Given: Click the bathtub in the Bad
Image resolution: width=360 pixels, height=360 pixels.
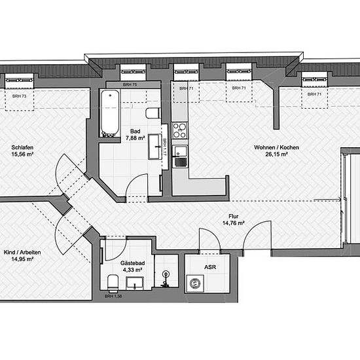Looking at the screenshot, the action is tap(110, 113).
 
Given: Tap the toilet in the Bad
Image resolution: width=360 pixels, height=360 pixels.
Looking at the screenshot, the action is tap(153, 113).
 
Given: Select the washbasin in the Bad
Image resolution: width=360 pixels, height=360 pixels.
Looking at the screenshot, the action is tap(154, 147).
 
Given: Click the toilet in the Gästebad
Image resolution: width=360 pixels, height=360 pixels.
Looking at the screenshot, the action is tap(113, 283).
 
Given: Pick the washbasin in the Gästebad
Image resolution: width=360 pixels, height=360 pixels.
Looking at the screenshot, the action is tap(135, 283).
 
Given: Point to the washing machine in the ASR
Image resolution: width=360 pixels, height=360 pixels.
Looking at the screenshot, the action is tap(195, 283).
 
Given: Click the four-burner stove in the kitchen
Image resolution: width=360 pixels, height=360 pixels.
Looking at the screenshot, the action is tap(180, 130).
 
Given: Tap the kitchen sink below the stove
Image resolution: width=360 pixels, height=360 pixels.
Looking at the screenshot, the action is tap(180, 156).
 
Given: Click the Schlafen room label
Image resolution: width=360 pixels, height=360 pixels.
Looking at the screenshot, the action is tap(22, 147).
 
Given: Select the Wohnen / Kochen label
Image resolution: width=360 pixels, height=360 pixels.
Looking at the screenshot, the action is tap(276, 147).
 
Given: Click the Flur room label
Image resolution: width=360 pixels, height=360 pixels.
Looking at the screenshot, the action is tap(233, 216).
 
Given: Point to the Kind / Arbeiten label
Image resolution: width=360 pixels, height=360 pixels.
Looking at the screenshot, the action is tap(22, 252).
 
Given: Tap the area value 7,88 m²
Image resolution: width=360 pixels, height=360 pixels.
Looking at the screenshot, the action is tap(135, 138).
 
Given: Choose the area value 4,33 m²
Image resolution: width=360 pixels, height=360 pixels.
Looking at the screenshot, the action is tap(132, 270).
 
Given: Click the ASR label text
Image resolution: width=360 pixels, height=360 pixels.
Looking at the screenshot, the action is tap(210, 267).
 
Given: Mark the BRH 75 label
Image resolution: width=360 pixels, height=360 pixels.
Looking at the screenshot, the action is tap(130, 84).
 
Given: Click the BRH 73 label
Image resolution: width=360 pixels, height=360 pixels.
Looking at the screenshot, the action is tap(19, 96).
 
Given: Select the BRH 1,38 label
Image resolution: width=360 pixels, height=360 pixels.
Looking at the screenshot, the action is tap(113, 296).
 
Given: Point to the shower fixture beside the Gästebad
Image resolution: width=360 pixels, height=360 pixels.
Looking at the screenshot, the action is tap(165, 279).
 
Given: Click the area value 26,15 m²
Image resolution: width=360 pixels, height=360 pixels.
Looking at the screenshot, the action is tap(276, 154).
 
